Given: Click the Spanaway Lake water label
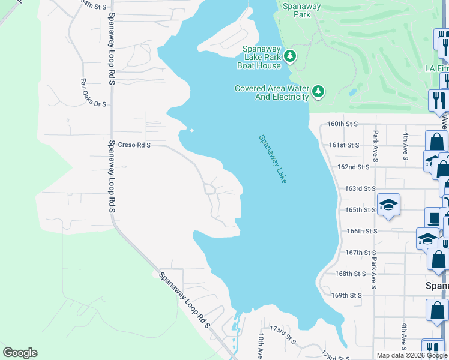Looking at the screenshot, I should point(273,159).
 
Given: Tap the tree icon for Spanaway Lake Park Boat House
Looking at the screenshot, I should point(291,56).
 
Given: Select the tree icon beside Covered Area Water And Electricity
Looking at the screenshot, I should point(318,92).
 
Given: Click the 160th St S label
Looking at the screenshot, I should point(342,124).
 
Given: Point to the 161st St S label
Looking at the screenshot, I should point(344,145).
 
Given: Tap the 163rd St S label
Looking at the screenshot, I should point(360,188).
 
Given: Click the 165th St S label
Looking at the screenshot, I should point(360,210).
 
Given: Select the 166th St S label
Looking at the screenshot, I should point(362,231).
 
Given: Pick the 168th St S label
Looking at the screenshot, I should point(351,274).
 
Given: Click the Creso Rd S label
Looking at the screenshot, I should point(134,145).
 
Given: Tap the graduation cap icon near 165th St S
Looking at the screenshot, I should point(388,204).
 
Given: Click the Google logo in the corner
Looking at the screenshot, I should point(20,353).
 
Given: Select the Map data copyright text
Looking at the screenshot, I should point(412,355).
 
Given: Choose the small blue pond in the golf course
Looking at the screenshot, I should point(353,93).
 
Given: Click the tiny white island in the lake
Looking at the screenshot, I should point(191,130).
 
